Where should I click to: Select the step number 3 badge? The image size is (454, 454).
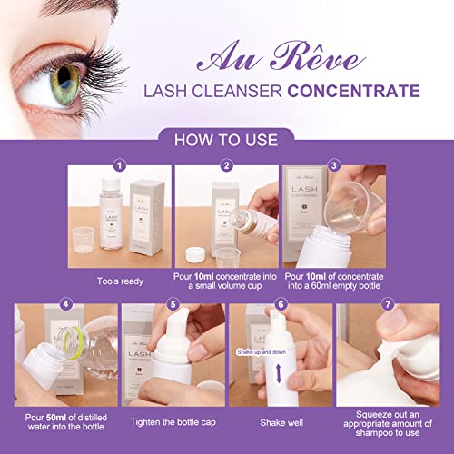(335, 166)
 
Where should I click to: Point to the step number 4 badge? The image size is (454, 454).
(64, 304)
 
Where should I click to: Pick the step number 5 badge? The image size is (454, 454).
(173, 304)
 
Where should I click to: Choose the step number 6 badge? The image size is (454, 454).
(281, 304)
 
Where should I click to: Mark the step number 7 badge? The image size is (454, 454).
(391, 304)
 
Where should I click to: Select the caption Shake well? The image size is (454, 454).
(281, 419)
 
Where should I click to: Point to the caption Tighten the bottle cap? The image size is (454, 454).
(173, 419)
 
